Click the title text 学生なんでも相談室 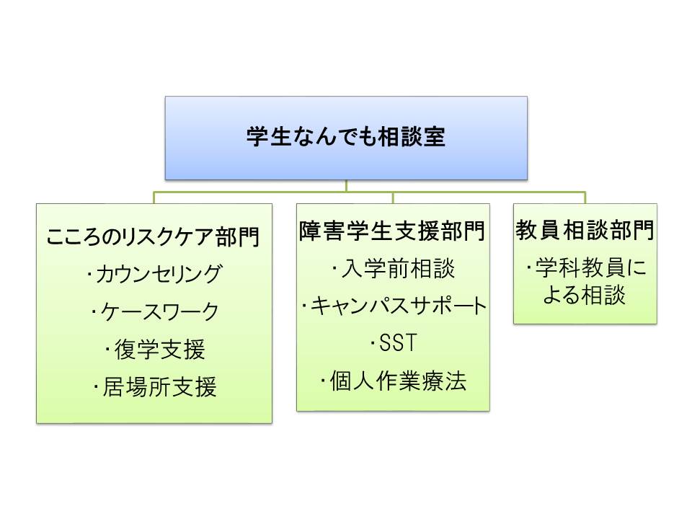346,138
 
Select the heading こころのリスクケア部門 154,236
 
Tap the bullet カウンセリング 154,274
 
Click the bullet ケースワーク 154,312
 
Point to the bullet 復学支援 154,350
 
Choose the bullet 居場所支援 154,389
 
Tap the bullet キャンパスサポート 393,306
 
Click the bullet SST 393,343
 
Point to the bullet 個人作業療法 393,380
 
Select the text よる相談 585,296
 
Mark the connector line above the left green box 154,198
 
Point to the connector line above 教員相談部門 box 585,198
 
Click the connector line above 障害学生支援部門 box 393,198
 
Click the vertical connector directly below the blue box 346,185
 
